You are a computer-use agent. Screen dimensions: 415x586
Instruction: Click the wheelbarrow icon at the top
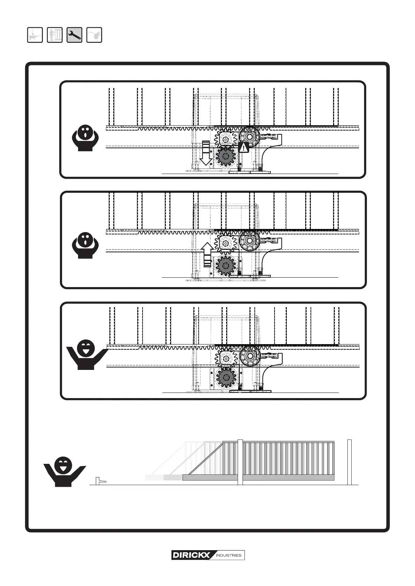(35, 35)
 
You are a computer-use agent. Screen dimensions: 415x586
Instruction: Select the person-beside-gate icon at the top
(55, 35)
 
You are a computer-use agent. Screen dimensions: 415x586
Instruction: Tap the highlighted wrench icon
(74, 35)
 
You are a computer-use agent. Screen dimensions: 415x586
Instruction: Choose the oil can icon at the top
(94, 35)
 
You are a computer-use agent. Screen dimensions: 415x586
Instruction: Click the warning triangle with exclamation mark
(244, 147)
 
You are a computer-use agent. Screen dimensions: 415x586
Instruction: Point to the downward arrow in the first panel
(206, 153)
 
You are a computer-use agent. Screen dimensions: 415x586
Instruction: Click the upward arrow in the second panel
(207, 254)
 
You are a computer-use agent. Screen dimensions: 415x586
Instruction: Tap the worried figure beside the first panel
(85, 138)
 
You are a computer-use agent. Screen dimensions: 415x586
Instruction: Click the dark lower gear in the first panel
(225, 157)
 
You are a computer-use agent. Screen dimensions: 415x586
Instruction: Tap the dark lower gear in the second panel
(226, 266)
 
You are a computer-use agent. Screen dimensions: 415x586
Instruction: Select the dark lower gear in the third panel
(226, 377)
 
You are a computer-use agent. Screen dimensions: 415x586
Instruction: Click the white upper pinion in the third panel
(226, 358)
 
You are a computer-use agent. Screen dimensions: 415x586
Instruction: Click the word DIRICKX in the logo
(191, 555)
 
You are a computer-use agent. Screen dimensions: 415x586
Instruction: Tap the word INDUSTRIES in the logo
(229, 555)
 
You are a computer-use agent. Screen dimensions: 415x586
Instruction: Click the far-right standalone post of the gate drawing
(349, 462)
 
